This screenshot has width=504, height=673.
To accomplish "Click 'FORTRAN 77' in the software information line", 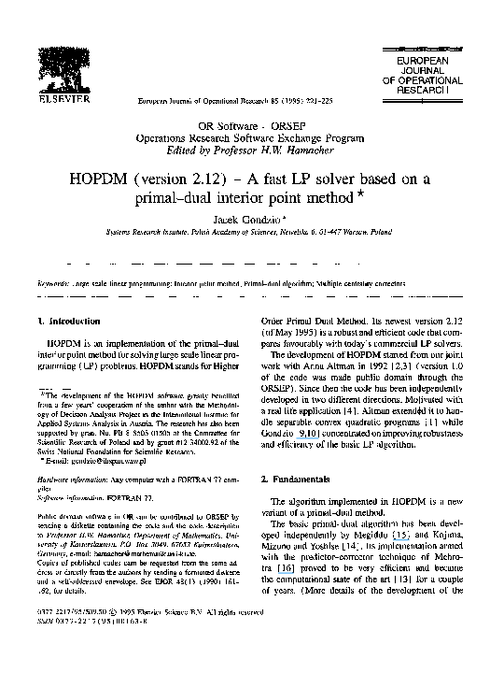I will (x=128, y=497).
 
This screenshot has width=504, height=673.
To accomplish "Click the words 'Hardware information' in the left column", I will (x=67, y=479).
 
